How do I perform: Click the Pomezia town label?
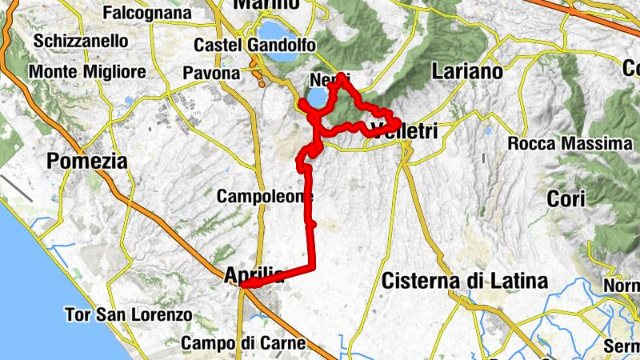87,161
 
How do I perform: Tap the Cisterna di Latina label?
465,282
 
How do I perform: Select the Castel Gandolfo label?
254,45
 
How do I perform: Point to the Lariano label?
466,72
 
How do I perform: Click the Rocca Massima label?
570,145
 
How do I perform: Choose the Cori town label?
566,198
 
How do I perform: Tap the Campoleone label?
264,196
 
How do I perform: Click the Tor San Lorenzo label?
129,315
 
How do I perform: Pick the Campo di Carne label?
243,343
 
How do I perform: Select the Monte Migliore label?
87,72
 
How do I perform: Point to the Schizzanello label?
81,40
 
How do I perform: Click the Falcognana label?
147,14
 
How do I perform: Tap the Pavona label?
211,74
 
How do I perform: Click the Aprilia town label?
254,276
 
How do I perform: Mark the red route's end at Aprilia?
242,284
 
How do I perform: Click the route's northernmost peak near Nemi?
342,75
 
